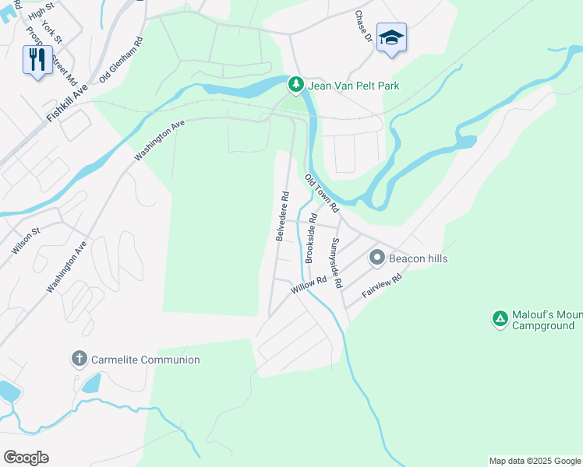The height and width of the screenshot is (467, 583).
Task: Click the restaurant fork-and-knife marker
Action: [x=37, y=59]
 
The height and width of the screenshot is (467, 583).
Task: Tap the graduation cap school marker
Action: [x=391, y=37]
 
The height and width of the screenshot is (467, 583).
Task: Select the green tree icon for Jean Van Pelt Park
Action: [x=295, y=84]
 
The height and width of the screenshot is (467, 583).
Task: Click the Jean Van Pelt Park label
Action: [x=353, y=86]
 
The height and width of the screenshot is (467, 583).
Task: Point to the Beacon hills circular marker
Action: [x=377, y=257]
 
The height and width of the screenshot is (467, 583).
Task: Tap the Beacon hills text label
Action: [x=419, y=258]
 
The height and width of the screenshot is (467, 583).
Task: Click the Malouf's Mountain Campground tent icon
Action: [x=500, y=318]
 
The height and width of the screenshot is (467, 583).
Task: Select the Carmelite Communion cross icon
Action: [x=79, y=359]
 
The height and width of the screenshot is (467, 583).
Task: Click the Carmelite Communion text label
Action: [x=146, y=360]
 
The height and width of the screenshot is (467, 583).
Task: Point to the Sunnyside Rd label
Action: [x=336, y=263]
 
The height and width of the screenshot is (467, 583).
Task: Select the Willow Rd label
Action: [x=309, y=284]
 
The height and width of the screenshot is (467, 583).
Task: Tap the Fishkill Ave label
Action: [x=67, y=103]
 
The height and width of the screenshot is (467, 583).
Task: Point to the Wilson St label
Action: [x=26, y=240]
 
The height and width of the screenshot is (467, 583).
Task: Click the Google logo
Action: [x=26, y=458]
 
